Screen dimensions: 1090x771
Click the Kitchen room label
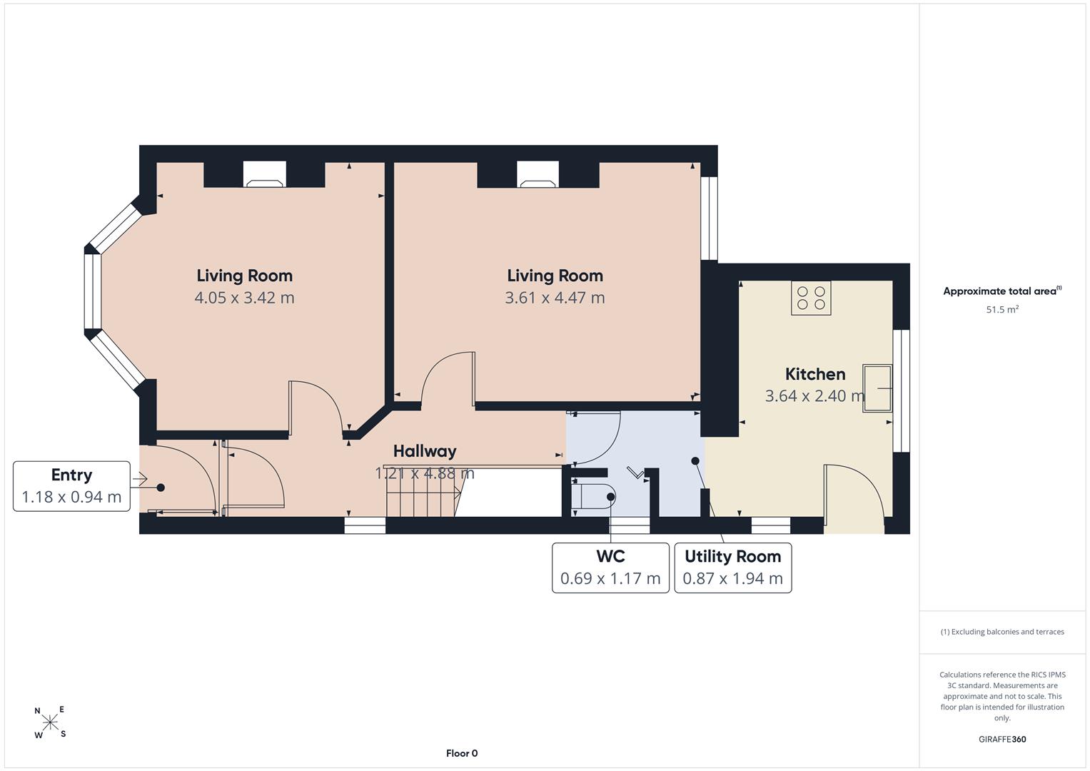(x=815, y=374)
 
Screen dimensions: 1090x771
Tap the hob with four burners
(x=811, y=298)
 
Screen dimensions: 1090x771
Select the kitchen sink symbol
(x=877, y=388)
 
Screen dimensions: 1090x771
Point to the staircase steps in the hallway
(x=423, y=492)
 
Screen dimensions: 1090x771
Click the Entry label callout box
(x=71, y=486)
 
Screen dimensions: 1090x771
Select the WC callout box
(x=610, y=568)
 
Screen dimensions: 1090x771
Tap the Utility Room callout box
(x=733, y=568)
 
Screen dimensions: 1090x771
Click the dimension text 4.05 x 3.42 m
(x=244, y=298)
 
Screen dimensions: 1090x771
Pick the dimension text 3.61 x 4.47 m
(x=555, y=298)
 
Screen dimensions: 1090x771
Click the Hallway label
(x=425, y=451)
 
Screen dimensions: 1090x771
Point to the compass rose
(x=50, y=722)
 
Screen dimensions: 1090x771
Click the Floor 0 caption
(x=462, y=753)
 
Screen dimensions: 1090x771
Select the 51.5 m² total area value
(x=1002, y=309)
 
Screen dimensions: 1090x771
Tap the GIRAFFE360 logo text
(x=1002, y=739)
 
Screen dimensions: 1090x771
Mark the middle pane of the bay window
(x=93, y=291)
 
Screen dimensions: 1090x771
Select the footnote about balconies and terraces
(x=1002, y=632)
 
